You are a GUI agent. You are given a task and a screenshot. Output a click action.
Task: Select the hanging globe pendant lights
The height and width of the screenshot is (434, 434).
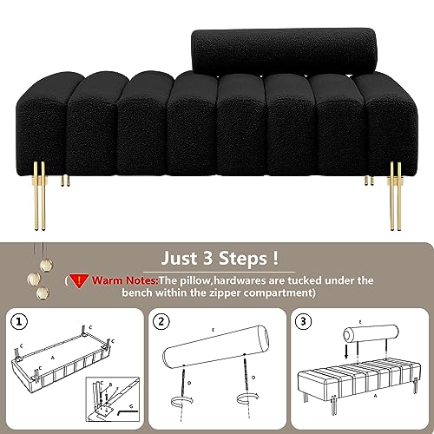coord(35,265)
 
